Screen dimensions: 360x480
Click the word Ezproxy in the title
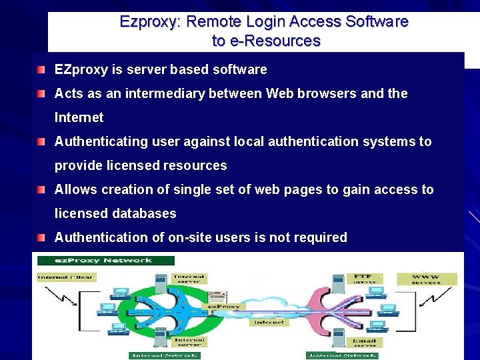pyautogui.click(x=149, y=21)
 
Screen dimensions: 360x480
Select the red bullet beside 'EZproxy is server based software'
pyautogui.click(x=42, y=70)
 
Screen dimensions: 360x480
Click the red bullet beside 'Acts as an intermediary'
pyautogui.click(x=42, y=94)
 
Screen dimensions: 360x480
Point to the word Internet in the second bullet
pyautogui.click(x=79, y=117)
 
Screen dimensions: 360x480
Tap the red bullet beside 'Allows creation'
pyautogui.click(x=42, y=190)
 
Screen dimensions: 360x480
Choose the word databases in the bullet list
pyautogui.click(x=144, y=213)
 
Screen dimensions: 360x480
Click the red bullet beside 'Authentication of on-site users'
pyautogui.click(x=42, y=238)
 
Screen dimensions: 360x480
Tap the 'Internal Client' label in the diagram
pyautogui.click(x=65, y=276)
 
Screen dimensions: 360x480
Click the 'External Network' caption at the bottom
pyautogui.click(x=342, y=355)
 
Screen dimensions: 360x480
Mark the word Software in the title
pyautogui.click(x=377, y=21)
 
